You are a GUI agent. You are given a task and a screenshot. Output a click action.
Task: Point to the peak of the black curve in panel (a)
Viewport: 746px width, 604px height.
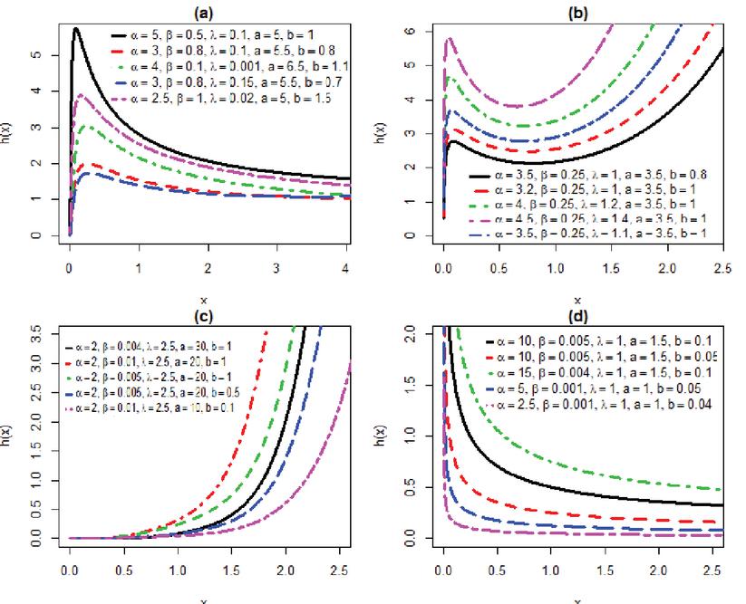[76, 29]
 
